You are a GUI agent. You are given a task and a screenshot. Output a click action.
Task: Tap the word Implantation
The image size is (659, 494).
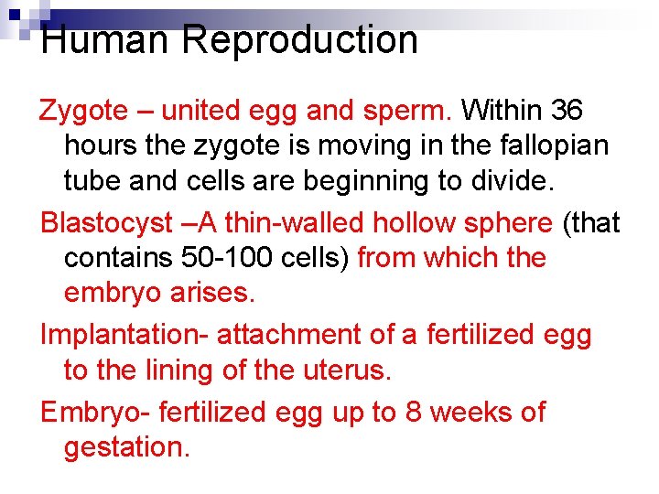pyautogui.click(x=124, y=335)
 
